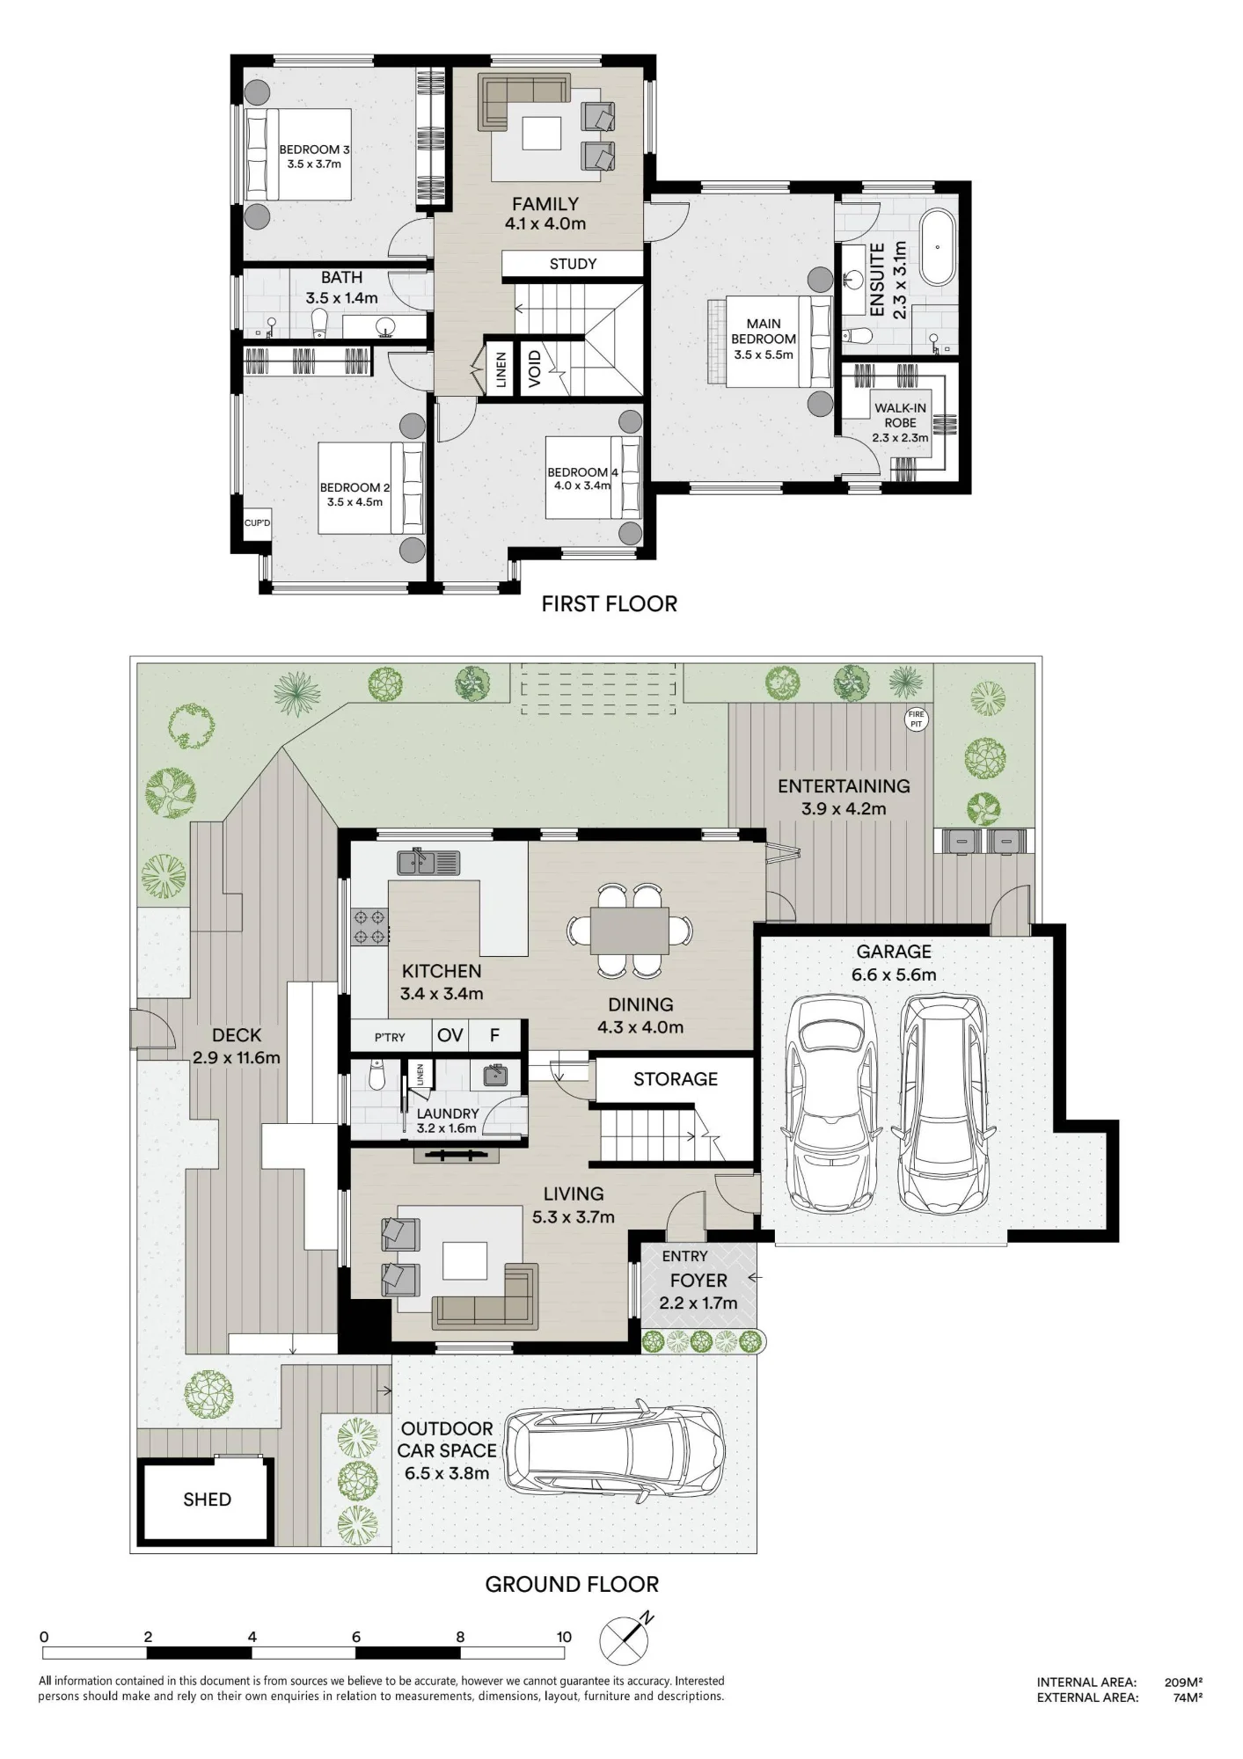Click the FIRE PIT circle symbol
917,719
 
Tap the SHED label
208,1500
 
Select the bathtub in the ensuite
937,247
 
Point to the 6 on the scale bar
356,1637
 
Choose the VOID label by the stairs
534,369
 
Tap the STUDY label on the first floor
573,264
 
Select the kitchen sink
428,862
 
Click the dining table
629,930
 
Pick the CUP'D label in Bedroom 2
257,523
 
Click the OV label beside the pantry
450,1035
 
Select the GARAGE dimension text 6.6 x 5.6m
893,974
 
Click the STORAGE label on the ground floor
676,1079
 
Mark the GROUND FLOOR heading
572,1585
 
